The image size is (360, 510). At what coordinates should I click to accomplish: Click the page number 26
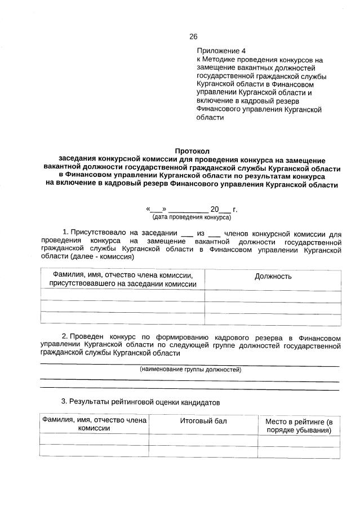[x=193, y=37]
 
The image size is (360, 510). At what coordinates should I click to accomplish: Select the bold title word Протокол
[x=192, y=152]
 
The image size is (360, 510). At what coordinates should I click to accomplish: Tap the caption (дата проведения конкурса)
[x=191, y=216]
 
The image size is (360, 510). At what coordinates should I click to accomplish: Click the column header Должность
[x=273, y=276]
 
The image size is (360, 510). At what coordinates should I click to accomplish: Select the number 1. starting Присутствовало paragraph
[x=65, y=232]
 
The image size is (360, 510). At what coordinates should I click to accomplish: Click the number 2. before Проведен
[x=65, y=336]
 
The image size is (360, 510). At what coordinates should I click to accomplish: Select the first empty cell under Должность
[x=273, y=297]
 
